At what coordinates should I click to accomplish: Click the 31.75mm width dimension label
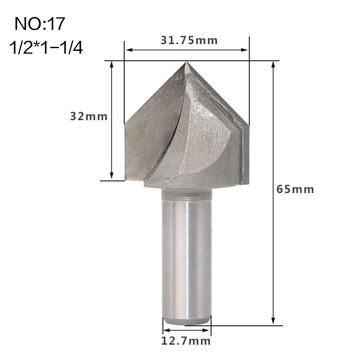[189, 40]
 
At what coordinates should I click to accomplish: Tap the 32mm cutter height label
[89, 117]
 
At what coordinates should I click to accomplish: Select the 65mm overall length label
[295, 189]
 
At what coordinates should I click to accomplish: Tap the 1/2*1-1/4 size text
[46, 48]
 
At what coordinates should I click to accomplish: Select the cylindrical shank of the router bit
[186, 256]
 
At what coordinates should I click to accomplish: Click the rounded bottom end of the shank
[186, 320]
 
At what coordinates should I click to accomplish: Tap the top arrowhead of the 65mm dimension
[273, 64]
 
